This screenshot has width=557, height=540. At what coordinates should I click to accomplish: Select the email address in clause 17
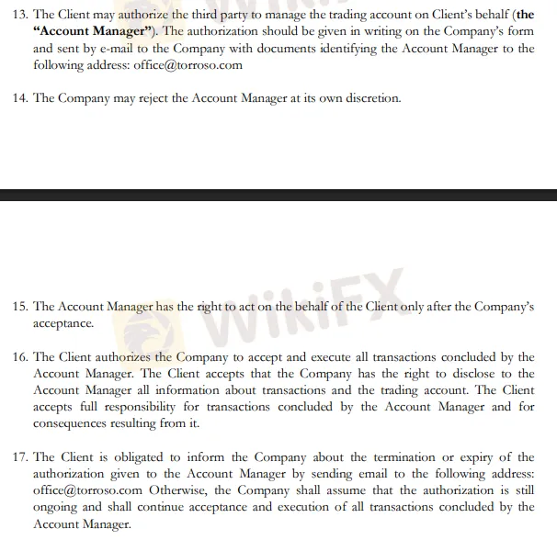[87, 490]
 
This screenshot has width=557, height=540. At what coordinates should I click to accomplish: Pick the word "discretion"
[368, 98]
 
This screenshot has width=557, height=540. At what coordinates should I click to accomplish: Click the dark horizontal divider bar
[278, 195]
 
